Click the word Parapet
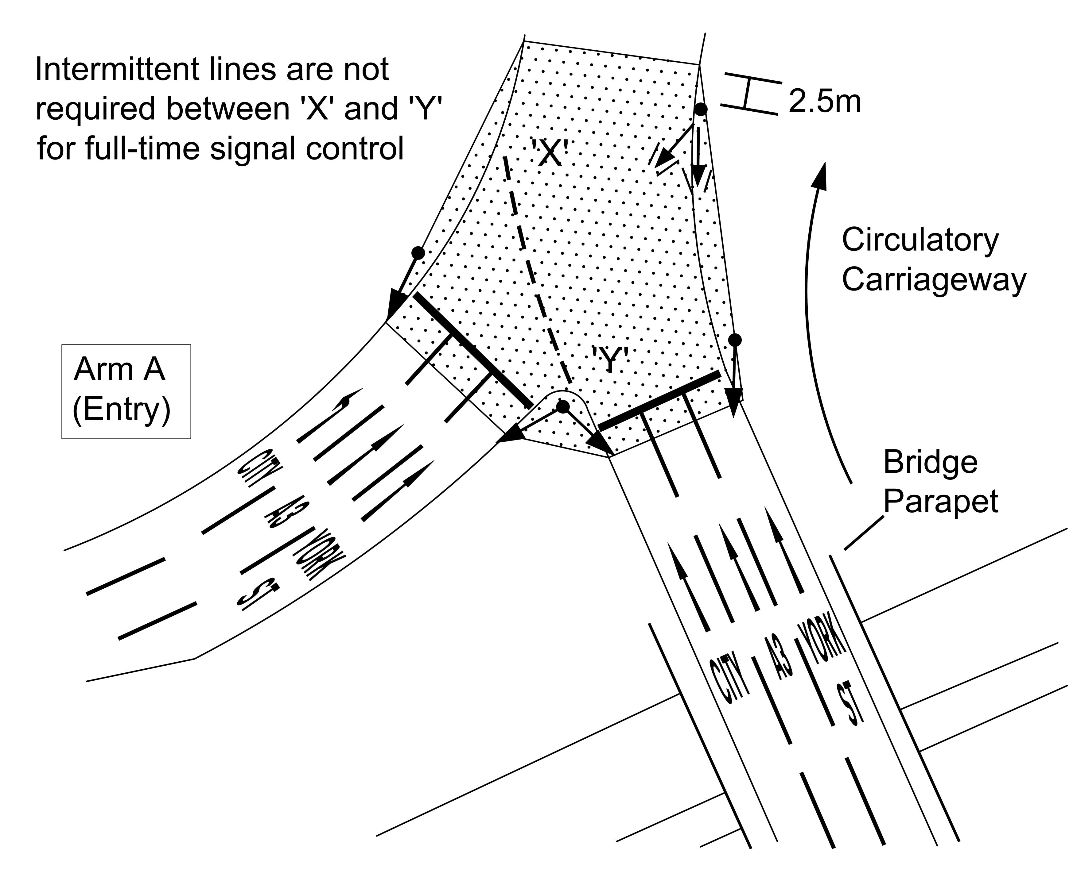pos(940,502)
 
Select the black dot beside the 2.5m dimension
pos(701,109)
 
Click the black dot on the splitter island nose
pos(563,406)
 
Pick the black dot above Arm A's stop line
pos(418,252)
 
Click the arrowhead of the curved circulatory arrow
pos(819,175)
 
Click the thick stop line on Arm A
pos(472,350)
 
